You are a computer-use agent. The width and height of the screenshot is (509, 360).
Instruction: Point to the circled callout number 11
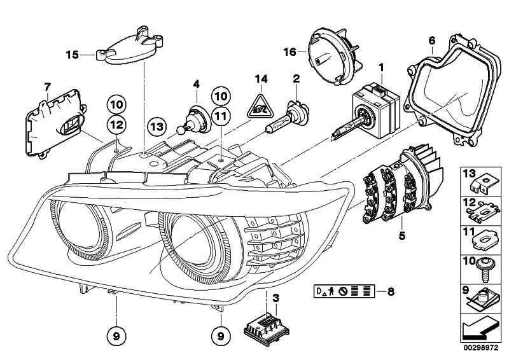click(220, 116)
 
